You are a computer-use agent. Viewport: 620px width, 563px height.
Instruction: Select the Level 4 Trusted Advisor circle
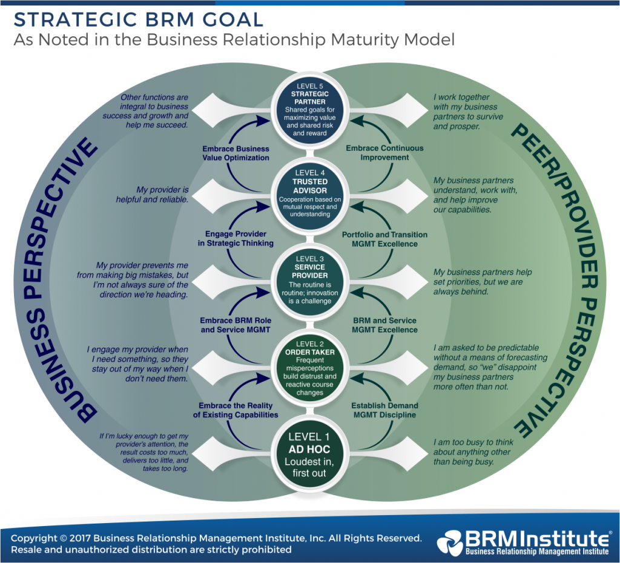pyautogui.click(x=310, y=192)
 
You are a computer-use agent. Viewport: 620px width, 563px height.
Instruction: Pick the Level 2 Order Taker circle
pyautogui.click(x=310, y=368)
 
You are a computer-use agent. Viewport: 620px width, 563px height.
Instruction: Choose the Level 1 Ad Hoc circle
pyautogui.click(x=310, y=454)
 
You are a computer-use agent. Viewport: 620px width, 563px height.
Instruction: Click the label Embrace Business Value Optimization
pyautogui.click(x=235, y=153)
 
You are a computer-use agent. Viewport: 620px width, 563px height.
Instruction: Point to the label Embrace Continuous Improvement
pyautogui.click(x=384, y=153)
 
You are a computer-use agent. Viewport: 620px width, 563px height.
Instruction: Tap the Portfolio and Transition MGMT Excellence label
pyautogui.click(x=384, y=239)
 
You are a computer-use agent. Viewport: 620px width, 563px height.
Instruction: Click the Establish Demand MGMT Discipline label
pyautogui.click(x=384, y=410)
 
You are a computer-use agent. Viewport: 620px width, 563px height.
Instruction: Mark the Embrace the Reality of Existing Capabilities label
pyautogui.click(x=236, y=410)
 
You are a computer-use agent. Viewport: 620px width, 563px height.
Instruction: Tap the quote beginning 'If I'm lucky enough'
pyautogui.click(x=148, y=452)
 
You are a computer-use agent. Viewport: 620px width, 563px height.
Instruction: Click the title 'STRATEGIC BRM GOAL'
pyautogui.click(x=139, y=19)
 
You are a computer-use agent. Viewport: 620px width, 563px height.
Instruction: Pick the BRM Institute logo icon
pyautogui.click(x=450, y=542)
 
